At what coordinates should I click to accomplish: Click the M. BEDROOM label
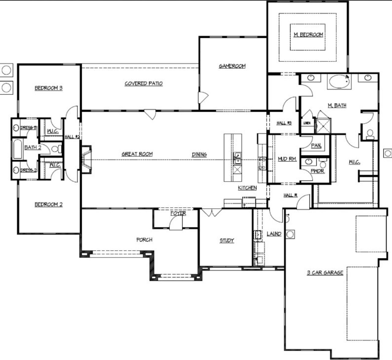308,35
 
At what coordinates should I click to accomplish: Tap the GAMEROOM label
232,66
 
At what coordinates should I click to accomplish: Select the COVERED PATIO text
143,83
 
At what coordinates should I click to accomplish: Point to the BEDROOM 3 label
48,88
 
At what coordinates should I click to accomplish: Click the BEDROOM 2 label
48,204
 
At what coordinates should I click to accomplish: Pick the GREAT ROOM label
137,154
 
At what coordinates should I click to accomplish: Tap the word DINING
199,154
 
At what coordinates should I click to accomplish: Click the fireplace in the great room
86,160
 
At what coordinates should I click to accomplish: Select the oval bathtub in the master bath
339,81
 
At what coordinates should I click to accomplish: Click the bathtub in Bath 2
17,149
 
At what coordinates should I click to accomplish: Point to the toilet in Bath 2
56,149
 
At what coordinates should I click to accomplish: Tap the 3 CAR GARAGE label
325,272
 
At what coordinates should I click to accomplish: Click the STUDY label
227,240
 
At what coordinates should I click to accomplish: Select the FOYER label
178,213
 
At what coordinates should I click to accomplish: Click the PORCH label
144,239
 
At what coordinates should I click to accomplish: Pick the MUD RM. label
287,159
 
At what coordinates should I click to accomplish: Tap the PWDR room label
317,171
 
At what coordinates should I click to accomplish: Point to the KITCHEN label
247,187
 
